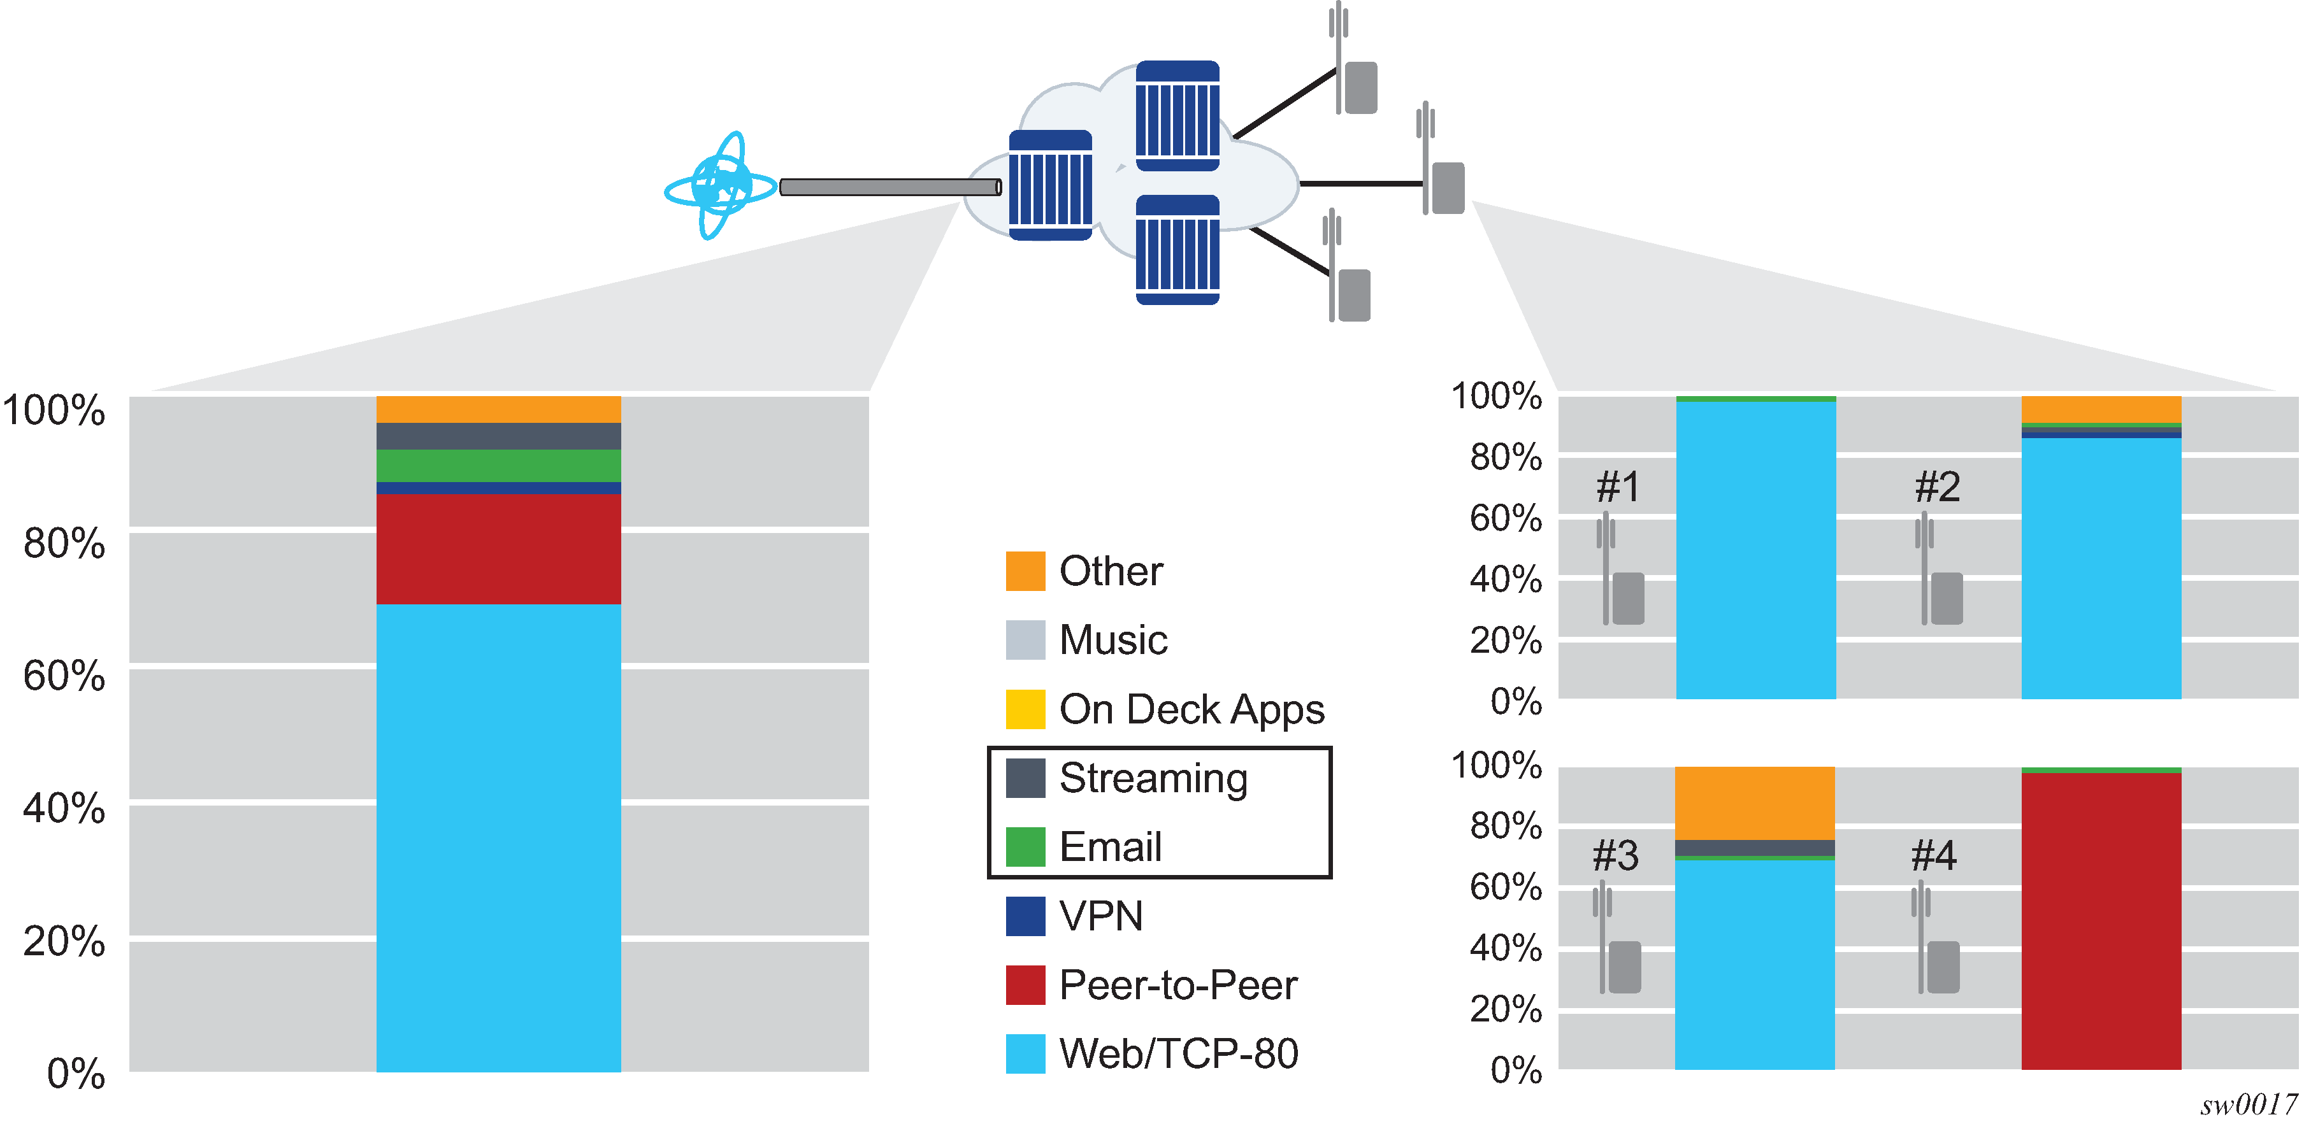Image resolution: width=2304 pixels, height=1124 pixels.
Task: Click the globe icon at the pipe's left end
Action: click(x=720, y=185)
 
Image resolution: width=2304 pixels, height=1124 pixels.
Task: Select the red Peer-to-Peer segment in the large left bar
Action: click(x=498, y=548)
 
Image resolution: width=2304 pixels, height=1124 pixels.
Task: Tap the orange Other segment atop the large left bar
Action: click(x=498, y=409)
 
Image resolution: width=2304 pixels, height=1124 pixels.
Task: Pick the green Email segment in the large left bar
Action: click(x=498, y=465)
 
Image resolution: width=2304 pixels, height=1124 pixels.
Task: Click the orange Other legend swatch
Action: click(x=1025, y=571)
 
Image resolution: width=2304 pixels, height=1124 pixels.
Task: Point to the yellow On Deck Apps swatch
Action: click(x=1025, y=709)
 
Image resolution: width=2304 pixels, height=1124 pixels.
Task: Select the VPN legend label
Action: click(x=1101, y=916)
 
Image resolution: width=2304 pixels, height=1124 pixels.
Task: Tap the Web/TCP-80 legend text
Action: click(x=1178, y=1053)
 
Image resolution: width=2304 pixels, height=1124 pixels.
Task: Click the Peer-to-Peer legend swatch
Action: click(x=1025, y=985)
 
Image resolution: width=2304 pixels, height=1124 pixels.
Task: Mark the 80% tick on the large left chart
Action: click(x=64, y=543)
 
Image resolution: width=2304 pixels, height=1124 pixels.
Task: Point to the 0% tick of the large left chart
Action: click(x=76, y=1072)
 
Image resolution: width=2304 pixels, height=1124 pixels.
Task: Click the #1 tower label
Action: click(x=1618, y=487)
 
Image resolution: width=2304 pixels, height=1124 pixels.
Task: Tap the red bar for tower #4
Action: click(x=2100, y=921)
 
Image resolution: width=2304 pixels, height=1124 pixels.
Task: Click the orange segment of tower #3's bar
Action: click(x=1754, y=802)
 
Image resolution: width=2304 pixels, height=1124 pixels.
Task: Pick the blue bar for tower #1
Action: click(x=1755, y=550)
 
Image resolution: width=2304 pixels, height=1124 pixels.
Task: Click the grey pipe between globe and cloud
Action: click(x=890, y=187)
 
